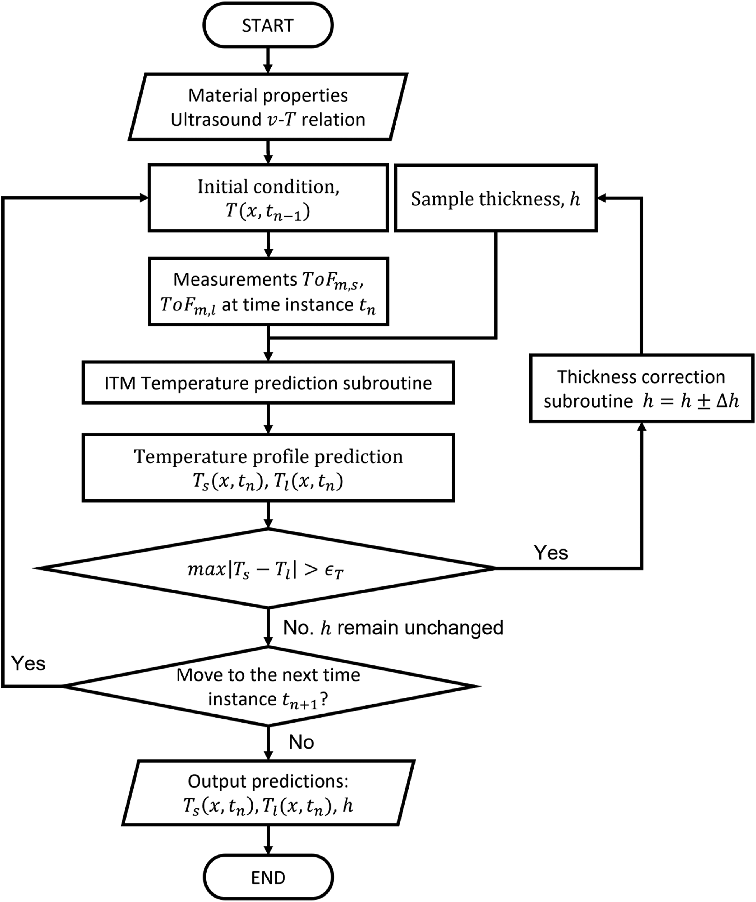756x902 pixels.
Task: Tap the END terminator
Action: pyautogui.click(x=268, y=878)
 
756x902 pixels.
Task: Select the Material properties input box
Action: pyautogui.click(x=268, y=107)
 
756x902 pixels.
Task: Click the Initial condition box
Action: pyautogui.click(x=268, y=198)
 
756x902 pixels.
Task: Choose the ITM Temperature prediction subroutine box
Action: pyautogui.click(x=268, y=383)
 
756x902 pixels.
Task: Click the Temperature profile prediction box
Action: pyautogui.click(x=268, y=468)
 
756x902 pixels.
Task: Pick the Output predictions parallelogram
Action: pyautogui.click(x=268, y=793)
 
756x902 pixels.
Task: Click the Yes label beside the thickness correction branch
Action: pyautogui.click(x=551, y=553)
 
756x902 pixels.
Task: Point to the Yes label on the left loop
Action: pyautogui.click(x=28, y=663)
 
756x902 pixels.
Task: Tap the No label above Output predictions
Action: pyautogui.click(x=301, y=742)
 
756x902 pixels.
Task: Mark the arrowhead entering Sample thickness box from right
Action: pyautogui.click(x=602, y=198)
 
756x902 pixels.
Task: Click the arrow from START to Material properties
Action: pyautogui.click(x=268, y=60)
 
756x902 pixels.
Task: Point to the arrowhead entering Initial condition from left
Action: pyautogui.click(x=144, y=198)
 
